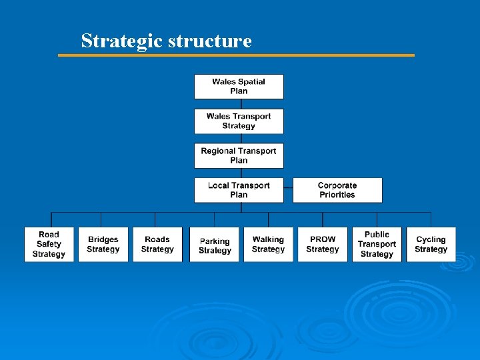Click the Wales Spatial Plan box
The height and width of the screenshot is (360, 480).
[x=239, y=87]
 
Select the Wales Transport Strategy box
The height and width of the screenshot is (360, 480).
[x=239, y=121]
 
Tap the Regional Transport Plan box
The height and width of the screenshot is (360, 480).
[x=239, y=156]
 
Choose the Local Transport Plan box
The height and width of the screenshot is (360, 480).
[x=239, y=191]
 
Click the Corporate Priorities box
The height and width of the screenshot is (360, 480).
[x=337, y=191]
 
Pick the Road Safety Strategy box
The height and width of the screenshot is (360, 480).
[x=49, y=245]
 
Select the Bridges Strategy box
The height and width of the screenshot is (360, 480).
[x=103, y=245]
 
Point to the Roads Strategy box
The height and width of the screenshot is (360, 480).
[x=157, y=245]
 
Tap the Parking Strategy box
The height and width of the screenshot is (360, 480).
[x=215, y=245]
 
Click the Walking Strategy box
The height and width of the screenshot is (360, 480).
[x=268, y=245]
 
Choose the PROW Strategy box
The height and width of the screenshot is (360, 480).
[x=323, y=245]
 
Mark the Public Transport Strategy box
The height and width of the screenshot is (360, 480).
[x=377, y=245]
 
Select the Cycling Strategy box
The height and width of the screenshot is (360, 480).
[x=431, y=245]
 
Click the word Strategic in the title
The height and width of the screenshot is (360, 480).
[x=122, y=41]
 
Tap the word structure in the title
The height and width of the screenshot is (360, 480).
[x=210, y=41]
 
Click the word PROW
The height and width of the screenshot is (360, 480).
[x=323, y=239]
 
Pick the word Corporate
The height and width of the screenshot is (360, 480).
[x=337, y=186]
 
